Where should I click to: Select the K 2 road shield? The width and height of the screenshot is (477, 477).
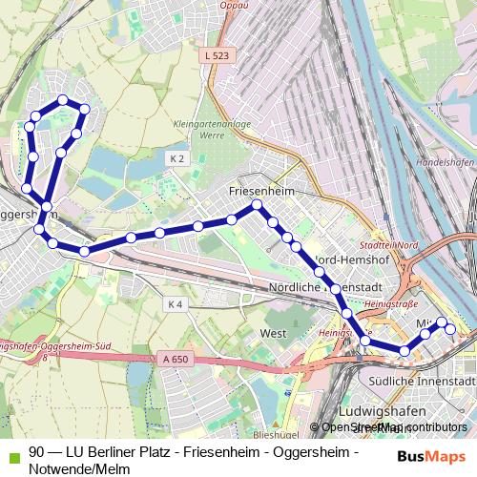[x=176, y=157]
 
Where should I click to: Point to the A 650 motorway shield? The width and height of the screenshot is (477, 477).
[x=170, y=358]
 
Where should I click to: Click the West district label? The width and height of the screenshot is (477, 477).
[x=272, y=334]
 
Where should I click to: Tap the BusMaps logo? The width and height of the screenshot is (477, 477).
[x=438, y=457]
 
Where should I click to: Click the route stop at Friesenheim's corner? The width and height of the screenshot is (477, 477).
[x=256, y=205]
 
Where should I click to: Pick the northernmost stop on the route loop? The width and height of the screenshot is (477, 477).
[x=63, y=99]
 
